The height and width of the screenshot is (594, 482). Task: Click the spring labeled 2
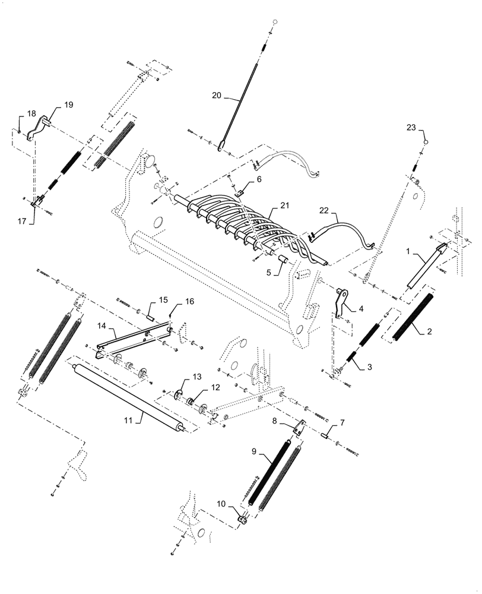414,313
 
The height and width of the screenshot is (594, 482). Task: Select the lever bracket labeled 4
341,303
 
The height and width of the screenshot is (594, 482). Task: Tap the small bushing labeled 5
283,261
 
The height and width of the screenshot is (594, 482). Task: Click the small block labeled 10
243,520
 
